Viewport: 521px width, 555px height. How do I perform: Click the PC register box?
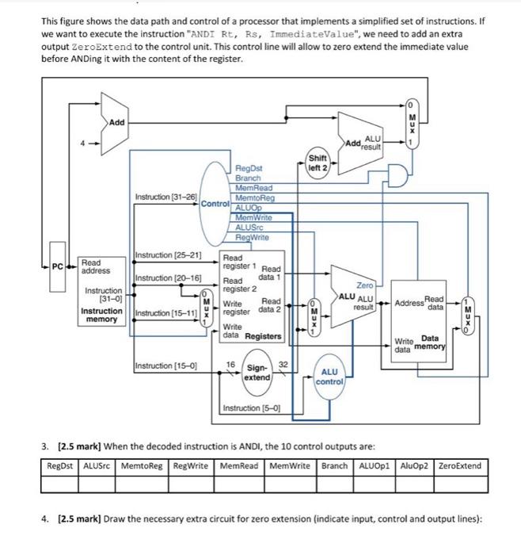coord(58,265)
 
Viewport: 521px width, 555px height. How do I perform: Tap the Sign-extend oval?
coord(257,373)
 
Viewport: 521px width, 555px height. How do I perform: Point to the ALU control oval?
coord(329,377)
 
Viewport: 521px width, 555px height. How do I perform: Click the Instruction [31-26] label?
coord(165,197)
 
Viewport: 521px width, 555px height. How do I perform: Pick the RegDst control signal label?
coord(249,169)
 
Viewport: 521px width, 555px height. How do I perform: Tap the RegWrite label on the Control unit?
coord(253,237)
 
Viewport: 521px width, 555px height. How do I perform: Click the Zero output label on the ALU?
coord(364,285)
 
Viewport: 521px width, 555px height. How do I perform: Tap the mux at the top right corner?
coord(411,124)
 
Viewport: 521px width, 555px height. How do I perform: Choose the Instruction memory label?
coord(101,315)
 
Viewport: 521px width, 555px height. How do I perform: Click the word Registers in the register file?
coord(263,336)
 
